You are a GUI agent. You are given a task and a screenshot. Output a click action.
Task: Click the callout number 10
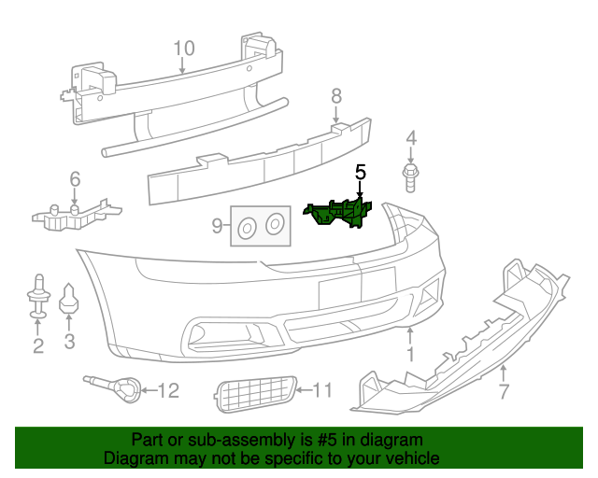click(x=183, y=48)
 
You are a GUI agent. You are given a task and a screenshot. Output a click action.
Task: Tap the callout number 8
click(x=336, y=95)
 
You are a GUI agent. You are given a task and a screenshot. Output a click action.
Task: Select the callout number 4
click(x=410, y=140)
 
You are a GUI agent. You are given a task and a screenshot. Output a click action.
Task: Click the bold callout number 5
click(x=360, y=173)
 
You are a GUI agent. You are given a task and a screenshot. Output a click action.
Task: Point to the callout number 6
click(x=75, y=178)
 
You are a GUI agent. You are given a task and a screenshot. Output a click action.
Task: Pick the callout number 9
click(x=217, y=225)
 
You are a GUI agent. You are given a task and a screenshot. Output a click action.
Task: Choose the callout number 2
click(x=38, y=347)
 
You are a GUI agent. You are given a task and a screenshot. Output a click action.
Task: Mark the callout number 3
click(x=69, y=342)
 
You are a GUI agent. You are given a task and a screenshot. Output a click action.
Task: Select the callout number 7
click(x=504, y=391)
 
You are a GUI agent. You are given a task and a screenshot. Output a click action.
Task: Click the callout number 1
click(x=409, y=354)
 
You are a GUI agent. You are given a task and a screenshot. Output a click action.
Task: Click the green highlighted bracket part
click(x=339, y=213)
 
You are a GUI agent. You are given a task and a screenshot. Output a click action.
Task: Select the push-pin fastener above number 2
click(x=38, y=297)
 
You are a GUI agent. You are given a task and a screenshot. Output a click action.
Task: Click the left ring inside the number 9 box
click(x=247, y=226)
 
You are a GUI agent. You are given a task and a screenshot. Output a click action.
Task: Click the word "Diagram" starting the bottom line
click(x=135, y=458)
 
